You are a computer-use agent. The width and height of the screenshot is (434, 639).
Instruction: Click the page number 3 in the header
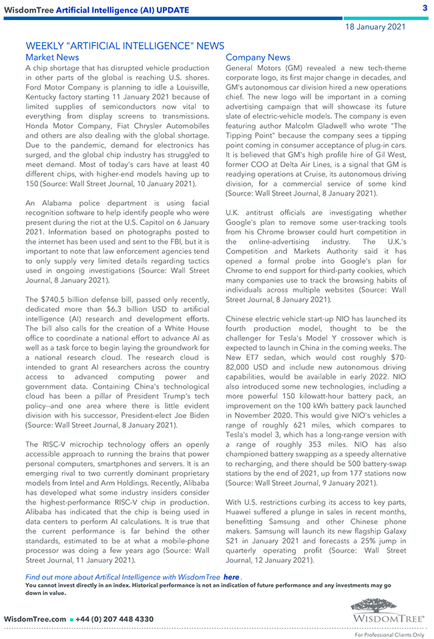[x=425, y=8]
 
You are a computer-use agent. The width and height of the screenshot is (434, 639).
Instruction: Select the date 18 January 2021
[x=375, y=27]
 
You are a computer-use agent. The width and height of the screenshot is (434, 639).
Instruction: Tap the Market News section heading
[x=52, y=57]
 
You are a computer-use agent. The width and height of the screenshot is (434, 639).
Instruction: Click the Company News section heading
[x=258, y=57]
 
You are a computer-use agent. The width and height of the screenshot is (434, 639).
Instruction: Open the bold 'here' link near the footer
[x=232, y=576]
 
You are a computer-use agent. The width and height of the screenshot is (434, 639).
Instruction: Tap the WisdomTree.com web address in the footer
[x=35, y=619]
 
